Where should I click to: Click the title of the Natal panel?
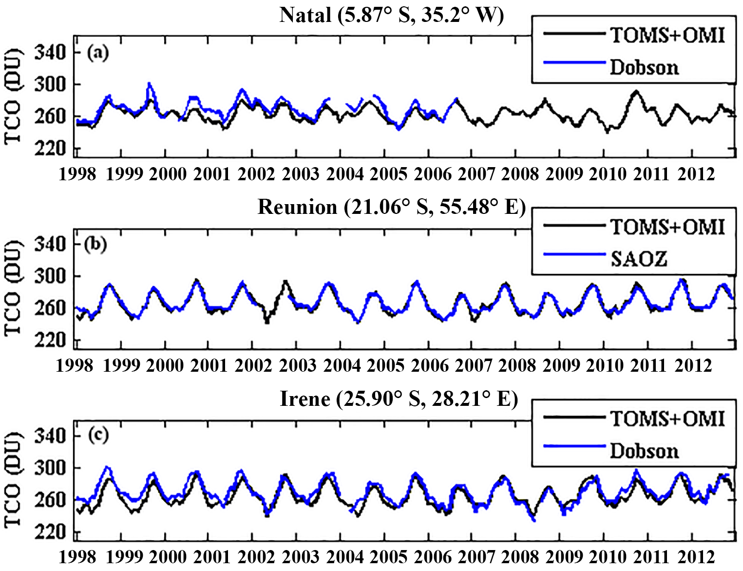[x=392, y=15]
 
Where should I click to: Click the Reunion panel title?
[x=392, y=207]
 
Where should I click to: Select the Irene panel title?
[x=399, y=399]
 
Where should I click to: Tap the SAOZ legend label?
[x=639, y=259]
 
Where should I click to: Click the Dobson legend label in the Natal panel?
[x=644, y=67]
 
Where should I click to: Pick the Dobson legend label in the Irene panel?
[x=644, y=451]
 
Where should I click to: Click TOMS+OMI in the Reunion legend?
[x=667, y=227]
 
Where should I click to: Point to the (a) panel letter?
[x=97, y=52]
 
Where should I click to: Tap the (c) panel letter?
[x=97, y=435]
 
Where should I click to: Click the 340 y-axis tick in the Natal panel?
[x=50, y=52]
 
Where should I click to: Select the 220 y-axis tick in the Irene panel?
[x=50, y=532]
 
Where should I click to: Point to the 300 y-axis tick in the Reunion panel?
[x=50, y=276]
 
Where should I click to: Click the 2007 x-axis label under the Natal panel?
[x=476, y=174]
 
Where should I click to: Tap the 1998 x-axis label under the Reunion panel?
[x=74, y=365]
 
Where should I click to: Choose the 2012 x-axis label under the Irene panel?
[x=696, y=557]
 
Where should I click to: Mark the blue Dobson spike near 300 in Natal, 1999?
[x=149, y=84]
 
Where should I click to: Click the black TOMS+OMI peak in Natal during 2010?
[x=636, y=91]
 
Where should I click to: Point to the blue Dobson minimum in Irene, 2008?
[x=534, y=520]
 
